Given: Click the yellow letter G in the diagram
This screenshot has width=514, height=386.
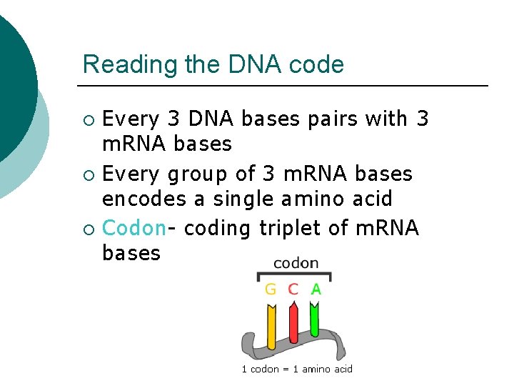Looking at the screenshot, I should [271, 289].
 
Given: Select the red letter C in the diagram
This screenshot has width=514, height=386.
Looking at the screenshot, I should [293, 289].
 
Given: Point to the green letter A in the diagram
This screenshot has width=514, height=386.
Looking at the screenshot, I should [316, 289].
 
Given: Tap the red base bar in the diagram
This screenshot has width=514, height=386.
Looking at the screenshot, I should [293, 325].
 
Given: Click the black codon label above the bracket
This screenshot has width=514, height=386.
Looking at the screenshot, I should [296, 263].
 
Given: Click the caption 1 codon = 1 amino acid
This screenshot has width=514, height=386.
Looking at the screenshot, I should [297, 369].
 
